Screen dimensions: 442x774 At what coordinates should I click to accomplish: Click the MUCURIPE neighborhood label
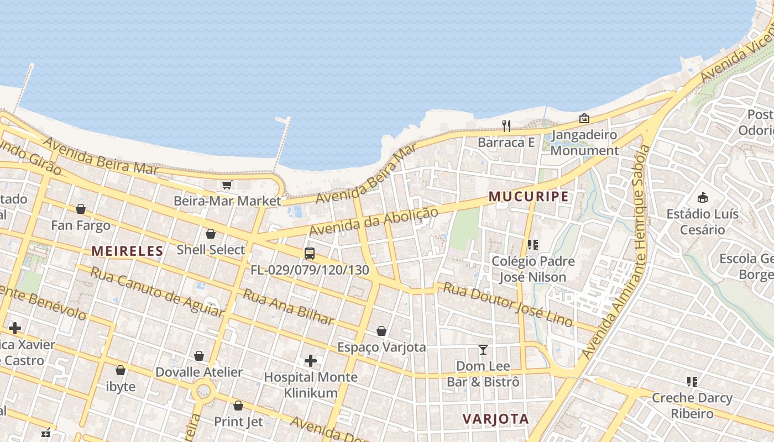(x=529, y=197)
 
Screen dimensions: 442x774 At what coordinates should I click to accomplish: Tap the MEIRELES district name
(x=127, y=251)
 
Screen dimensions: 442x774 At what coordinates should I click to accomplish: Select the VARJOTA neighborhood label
(x=495, y=419)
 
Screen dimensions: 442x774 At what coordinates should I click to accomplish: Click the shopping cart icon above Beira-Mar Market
(x=227, y=185)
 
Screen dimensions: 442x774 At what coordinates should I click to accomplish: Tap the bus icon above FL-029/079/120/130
(x=310, y=254)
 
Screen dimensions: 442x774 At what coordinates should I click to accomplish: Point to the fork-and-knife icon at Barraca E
(x=506, y=126)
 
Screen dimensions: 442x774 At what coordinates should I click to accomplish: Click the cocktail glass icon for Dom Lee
(x=483, y=349)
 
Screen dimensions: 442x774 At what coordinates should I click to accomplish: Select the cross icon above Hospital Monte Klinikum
(x=311, y=361)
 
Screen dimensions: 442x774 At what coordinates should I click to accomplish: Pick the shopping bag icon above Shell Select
(x=211, y=234)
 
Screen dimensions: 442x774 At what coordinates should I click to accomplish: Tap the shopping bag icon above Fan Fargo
(x=81, y=209)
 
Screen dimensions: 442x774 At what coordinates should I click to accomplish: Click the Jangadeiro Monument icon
(x=584, y=118)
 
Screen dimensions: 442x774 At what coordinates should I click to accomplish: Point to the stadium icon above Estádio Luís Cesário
(x=703, y=197)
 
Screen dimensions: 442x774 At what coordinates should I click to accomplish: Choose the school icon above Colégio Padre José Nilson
(x=533, y=244)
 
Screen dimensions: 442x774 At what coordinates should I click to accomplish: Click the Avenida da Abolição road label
(x=374, y=221)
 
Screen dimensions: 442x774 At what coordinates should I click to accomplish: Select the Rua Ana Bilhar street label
(x=289, y=307)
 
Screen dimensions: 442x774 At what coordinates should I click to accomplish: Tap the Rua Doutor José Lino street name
(x=508, y=304)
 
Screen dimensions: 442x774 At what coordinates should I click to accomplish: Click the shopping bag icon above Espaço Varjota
(x=381, y=331)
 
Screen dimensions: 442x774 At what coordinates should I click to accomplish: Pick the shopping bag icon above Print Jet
(x=238, y=406)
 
